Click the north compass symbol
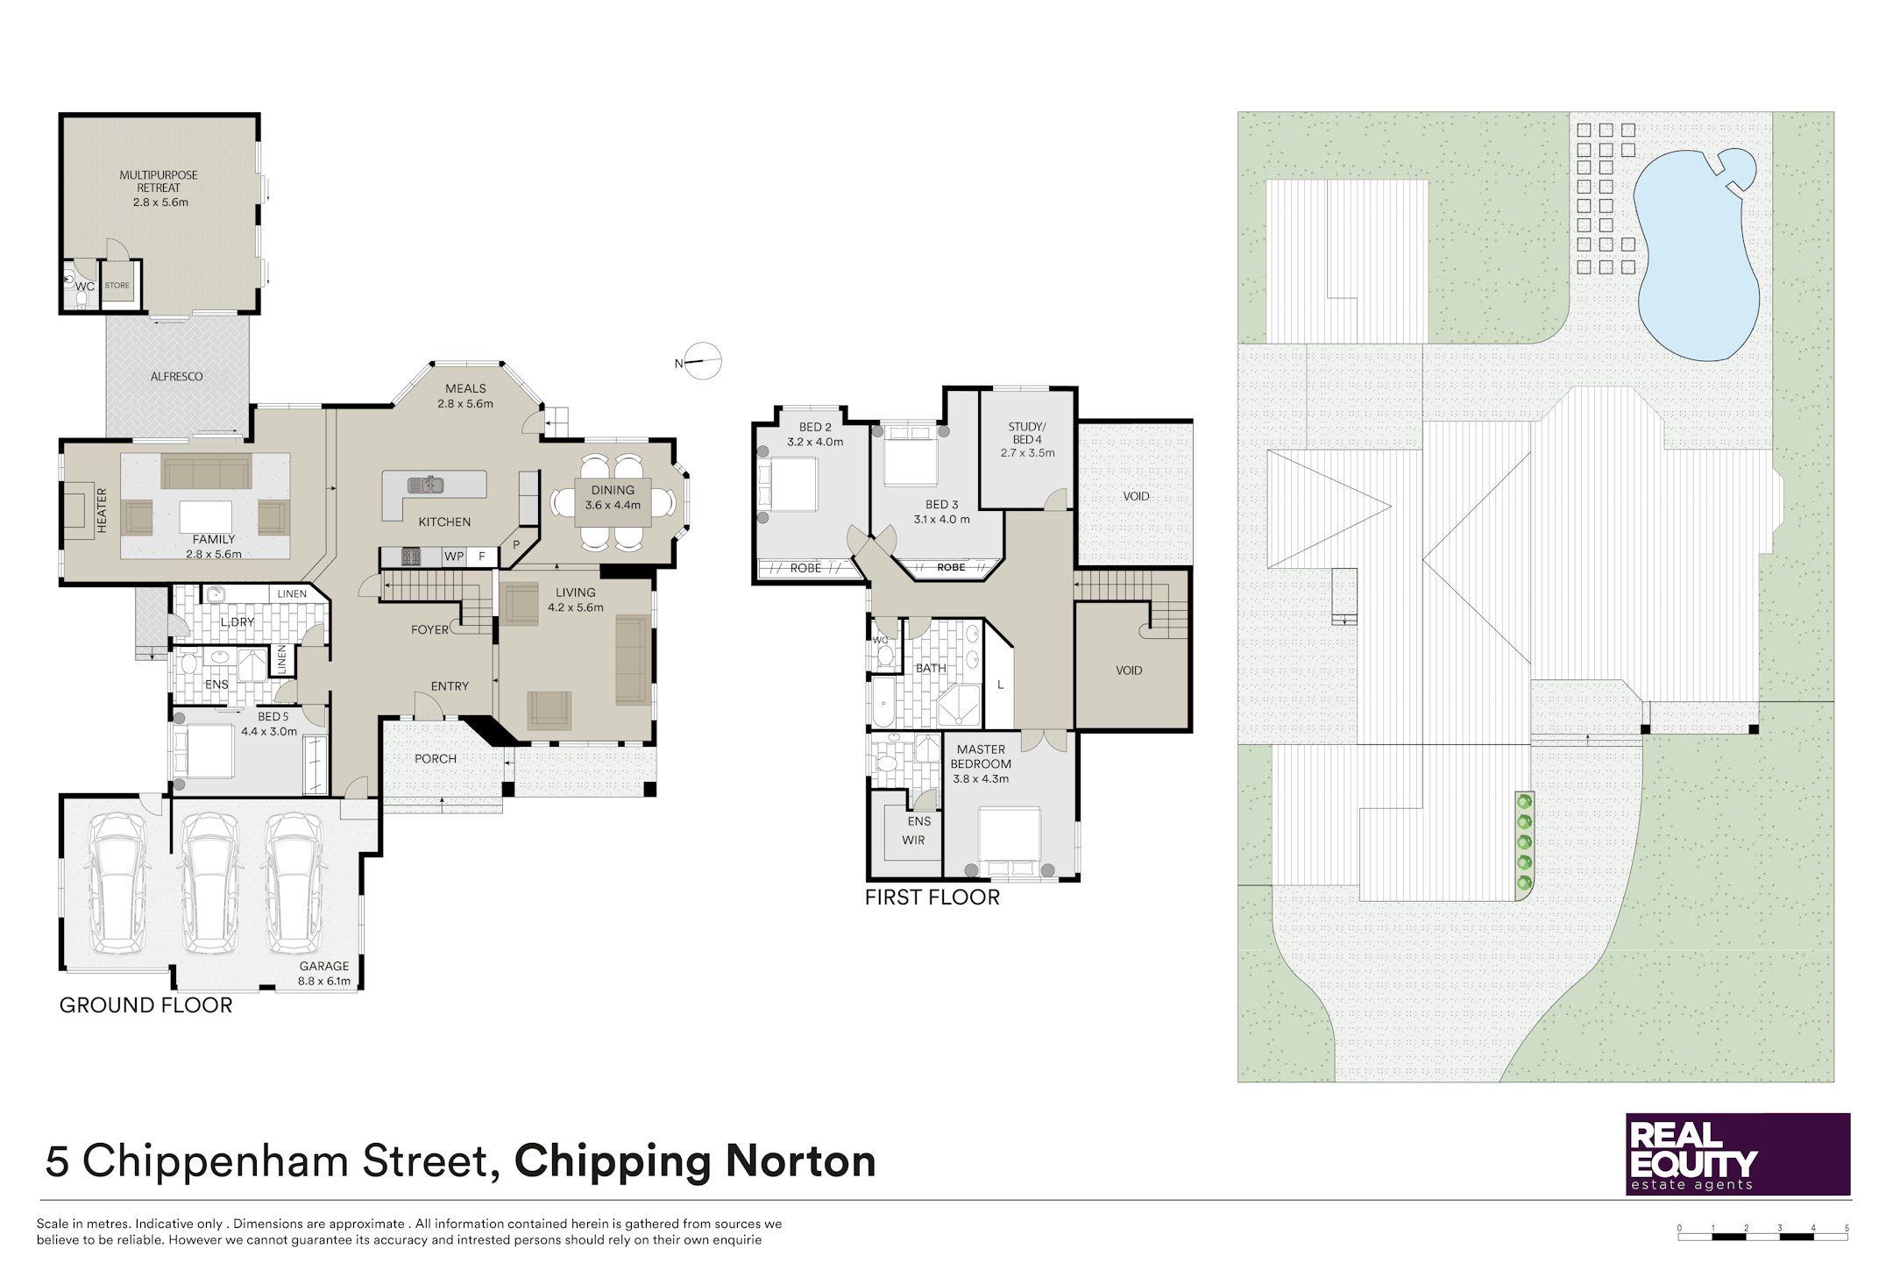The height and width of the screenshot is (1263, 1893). click(701, 361)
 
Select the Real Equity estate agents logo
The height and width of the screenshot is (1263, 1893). click(1738, 1153)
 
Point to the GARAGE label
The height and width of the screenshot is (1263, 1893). click(324, 966)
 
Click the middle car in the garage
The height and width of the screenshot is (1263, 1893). click(209, 883)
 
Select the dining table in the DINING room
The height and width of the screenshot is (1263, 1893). click(613, 502)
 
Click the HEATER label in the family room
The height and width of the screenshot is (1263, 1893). click(102, 510)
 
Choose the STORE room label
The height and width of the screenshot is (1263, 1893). click(117, 285)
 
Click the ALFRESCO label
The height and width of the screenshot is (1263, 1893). click(177, 376)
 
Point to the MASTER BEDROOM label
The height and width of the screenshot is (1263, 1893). click(982, 756)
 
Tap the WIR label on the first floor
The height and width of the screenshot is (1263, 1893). click(913, 840)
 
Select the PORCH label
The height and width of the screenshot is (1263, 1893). click(436, 758)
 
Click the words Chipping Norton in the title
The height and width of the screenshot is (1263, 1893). click(695, 1162)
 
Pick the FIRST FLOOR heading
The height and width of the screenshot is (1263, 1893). click(932, 897)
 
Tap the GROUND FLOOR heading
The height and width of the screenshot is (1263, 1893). click(146, 1004)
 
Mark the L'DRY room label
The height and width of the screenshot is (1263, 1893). click(238, 622)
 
